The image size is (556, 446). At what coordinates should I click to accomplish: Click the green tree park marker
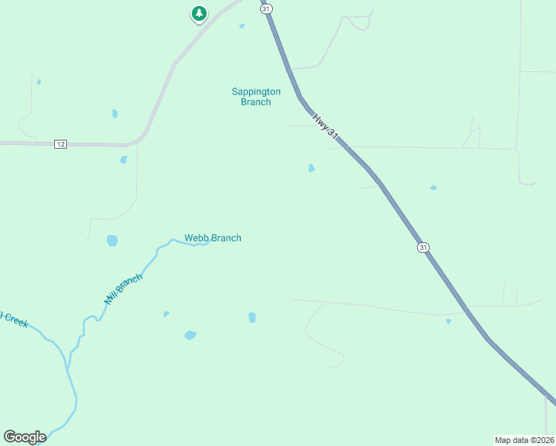[198, 13]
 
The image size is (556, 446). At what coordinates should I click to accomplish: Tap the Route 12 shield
[60, 143]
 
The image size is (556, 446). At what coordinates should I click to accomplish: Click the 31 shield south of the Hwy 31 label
[423, 247]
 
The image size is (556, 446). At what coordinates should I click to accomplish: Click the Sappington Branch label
[256, 97]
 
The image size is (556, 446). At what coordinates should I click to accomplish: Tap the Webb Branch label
[213, 238]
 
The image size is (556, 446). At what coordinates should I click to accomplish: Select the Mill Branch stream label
[122, 289]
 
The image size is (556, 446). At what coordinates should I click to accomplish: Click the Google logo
[25, 437]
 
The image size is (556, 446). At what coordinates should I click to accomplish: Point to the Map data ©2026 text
[524, 439]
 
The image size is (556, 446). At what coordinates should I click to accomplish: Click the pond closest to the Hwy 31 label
[311, 168]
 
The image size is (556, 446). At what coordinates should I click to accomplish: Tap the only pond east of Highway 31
[433, 188]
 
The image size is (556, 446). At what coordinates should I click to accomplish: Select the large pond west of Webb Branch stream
[111, 240]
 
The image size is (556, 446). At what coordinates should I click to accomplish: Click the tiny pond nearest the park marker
[242, 26]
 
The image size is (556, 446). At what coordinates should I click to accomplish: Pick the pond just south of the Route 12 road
[123, 159]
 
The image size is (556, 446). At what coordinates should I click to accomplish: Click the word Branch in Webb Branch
[226, 238]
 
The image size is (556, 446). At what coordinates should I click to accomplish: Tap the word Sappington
[256, 91]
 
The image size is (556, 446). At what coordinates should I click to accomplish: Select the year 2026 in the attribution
[543, 439]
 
